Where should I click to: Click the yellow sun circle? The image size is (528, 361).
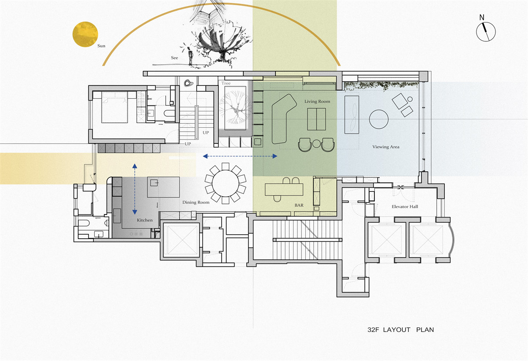[85, 34]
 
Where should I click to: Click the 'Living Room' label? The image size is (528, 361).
[317, 101]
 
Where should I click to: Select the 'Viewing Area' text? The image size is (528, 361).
[385, 147]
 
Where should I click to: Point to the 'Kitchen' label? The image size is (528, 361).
[144, 220]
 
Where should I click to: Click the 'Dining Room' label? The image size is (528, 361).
[196, 202]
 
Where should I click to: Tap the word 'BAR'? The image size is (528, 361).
[299, 206]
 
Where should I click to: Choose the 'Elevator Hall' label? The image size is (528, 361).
[405, 206]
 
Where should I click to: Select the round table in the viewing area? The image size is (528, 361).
[378, 119]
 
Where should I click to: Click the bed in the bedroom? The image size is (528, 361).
[114, 107]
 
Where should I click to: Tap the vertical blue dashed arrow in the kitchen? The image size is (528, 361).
[135, 189]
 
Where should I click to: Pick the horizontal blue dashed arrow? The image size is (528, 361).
[240, 156]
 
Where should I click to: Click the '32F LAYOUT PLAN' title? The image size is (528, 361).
[400, 330]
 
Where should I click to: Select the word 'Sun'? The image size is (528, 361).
[101, 46]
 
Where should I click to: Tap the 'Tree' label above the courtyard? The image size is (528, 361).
[226, 83]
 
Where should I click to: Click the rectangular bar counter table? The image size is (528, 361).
[284, 190]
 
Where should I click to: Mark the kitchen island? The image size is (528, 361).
[163, 187]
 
